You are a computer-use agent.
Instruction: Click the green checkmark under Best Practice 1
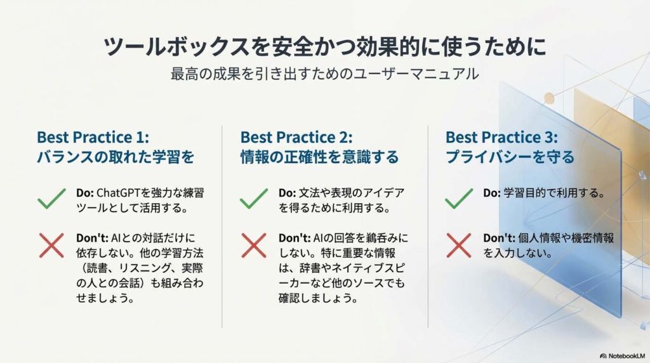[51, 199]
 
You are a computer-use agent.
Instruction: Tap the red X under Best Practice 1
[51, 246]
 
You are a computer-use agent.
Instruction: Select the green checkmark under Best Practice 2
[254, 199]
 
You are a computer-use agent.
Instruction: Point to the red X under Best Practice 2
[254, 246]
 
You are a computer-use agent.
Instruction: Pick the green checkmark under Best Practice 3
[458, 199]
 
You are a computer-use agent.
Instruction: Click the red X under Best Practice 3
[458, 246]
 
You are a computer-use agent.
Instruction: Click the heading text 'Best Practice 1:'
[93, 137]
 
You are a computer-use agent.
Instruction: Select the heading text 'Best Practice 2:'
[296, 137]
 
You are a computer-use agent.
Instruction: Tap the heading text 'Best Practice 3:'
[501, 137]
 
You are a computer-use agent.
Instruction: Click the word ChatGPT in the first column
[118, 193]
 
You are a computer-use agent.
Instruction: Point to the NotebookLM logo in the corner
[623, 356]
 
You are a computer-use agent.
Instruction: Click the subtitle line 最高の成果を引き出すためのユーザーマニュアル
[324, 74]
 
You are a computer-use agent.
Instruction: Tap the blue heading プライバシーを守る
[510, 157]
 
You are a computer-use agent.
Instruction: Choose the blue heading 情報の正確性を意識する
[319, 157]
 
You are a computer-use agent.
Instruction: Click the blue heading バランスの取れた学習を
[116, 157]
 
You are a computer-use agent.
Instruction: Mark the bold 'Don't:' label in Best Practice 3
[499, 238]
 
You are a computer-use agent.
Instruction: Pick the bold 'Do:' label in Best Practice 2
[288, 193]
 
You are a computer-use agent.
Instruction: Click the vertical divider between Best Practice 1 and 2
[222, 227]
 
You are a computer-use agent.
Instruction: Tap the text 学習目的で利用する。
[554, 193]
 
